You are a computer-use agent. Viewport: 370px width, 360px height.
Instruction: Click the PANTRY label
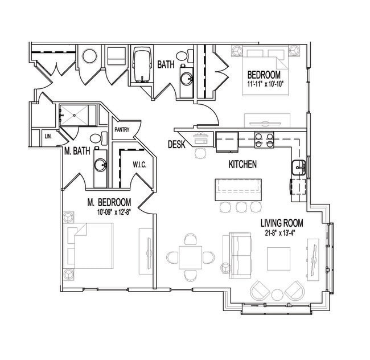click(122, 130)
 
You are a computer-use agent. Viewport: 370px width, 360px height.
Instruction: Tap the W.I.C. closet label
click(139, 165)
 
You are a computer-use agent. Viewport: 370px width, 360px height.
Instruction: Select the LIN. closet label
click(48, 136)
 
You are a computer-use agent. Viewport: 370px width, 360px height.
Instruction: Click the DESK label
click(176, 144)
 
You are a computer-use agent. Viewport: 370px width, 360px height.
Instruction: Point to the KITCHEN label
click(242, 164)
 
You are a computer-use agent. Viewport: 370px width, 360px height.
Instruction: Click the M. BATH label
click(77, 151)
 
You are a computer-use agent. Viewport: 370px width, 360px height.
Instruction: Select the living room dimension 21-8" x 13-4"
click(280, 233)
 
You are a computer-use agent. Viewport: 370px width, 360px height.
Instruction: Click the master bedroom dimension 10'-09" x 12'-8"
click(114, 212)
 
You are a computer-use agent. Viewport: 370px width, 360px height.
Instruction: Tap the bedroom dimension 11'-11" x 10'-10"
click(265, 84)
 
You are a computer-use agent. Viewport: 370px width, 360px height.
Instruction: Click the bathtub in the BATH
click(142, 64)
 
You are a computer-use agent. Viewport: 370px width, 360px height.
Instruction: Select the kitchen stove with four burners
click(264, 140)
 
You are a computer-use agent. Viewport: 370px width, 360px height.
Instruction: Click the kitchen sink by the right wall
click(299, 167)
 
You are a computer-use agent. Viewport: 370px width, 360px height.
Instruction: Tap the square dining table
click(191, 257)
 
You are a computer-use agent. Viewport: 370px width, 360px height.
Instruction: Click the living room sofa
click(240, 255)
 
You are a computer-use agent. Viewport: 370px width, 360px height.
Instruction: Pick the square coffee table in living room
click(278, 259)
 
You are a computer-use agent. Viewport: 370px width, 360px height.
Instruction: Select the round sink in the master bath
click(100, 165)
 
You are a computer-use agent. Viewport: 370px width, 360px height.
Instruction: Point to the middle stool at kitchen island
click(241, 207)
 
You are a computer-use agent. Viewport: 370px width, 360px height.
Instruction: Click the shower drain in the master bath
click(75, 115)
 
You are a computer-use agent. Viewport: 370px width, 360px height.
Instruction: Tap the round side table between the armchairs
click(277, 294)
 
